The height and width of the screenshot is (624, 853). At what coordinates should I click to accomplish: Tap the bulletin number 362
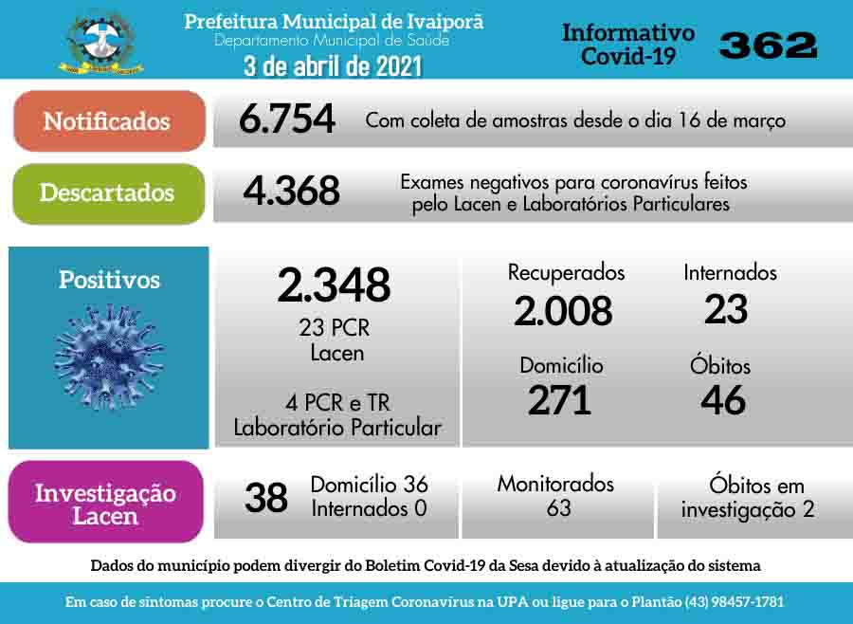[x=768, y=44]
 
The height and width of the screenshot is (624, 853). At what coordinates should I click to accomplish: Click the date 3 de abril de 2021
[x=332, y=66]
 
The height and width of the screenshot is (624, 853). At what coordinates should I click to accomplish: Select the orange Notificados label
[x=107, y=121]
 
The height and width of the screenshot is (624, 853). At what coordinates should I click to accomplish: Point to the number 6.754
[x=287, y=119]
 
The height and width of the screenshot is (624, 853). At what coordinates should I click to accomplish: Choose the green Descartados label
[x=107, y=193]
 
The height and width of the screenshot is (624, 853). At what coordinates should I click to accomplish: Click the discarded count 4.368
[x=291, y=191]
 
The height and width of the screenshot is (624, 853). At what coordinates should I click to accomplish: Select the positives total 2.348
[x=334, y=284]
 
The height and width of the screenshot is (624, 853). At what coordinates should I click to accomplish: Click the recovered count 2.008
[x=563, y=310]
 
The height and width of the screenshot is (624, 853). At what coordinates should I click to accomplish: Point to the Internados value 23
[x=726, y=309]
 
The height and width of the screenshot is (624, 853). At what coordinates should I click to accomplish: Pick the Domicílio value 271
[x=559, y=400]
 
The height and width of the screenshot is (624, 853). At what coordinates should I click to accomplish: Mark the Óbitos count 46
[x=723, y=400]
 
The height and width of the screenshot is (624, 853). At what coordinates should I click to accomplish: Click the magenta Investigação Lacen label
[x=105, y=504]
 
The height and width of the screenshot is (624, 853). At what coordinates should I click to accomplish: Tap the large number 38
[x=266, y=497]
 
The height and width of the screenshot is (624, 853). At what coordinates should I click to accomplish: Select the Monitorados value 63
[x=558, y=508]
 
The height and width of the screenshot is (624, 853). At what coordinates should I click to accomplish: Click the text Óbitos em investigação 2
[x=748, y=497]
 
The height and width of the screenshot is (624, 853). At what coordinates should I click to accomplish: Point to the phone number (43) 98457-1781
[x=730, y=602]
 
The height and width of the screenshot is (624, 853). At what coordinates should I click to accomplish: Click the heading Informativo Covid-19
[x=628, y=45]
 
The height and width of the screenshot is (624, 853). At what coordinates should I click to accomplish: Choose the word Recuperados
[x=566, y=272]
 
